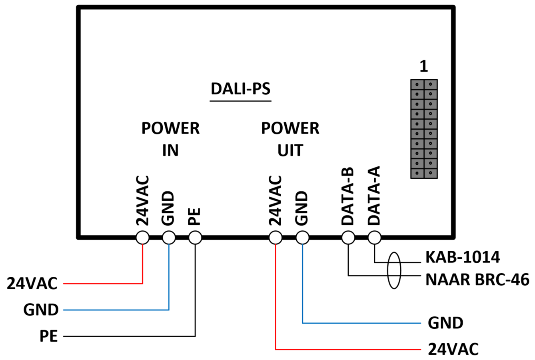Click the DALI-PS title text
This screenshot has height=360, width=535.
click(x=241, y=89)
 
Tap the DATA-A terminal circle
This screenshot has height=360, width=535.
click(x=375, y=238)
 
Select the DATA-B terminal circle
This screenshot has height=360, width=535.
click(x=348, y=238)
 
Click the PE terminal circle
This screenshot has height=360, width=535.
click(x=195, y=238)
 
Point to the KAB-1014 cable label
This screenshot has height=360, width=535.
click(x=463, y=257)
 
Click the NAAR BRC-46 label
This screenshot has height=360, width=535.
click(x=477, y=280)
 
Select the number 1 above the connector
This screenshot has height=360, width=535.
click(x=424, y=66)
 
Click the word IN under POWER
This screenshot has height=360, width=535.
click(x=170, y=150)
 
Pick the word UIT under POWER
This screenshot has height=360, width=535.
click(x=290, y=150)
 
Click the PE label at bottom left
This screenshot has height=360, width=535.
click(x=49, y=336)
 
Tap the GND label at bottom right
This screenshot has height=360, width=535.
click(x=445, y=323)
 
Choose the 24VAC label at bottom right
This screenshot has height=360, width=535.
click(x=453, y=349)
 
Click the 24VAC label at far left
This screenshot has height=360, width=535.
click(x=32, y=283)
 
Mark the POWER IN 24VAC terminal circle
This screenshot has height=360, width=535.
click(x=143, y=238)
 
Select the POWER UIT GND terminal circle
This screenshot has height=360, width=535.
click(x=302, y=238)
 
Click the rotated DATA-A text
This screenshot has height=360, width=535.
click(x=374, y=196)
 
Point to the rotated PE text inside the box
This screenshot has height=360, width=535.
click(x=194, y=216)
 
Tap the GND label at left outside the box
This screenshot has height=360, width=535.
click(x=41, y=310)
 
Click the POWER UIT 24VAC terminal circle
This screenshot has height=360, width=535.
click(x=275, y=238)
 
